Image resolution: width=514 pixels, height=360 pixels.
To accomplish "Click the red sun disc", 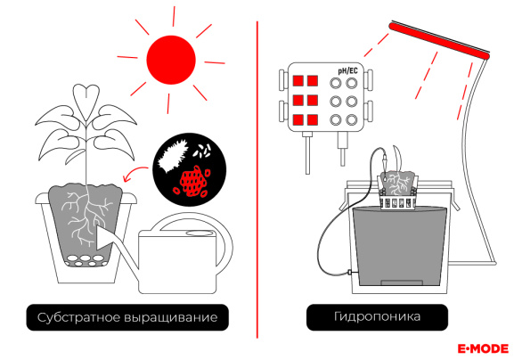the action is pos(171,60).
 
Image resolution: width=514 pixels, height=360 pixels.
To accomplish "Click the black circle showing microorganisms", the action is pos(190,169).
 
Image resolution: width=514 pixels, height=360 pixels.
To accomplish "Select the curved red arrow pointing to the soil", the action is pos(135,173).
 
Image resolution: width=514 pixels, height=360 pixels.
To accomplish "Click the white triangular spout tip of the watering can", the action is pos(104,238).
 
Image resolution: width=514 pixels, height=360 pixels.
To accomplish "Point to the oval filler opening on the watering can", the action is pos(200,233).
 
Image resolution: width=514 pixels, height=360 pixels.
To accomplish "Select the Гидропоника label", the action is pos(377,317).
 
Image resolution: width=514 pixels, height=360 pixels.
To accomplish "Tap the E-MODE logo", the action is pos(483,348).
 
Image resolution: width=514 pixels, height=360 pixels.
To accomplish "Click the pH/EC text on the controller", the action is pos(347,70).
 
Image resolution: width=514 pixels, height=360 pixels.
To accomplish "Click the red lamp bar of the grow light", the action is pos(439,41).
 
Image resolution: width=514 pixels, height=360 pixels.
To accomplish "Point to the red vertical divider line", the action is pos(257,180).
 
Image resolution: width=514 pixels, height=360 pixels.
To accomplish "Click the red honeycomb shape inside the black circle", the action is pos(192,181).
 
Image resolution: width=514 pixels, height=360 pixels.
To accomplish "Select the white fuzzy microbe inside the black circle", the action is pos(172,156).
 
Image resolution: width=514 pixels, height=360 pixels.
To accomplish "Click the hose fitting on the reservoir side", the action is pos(351,272).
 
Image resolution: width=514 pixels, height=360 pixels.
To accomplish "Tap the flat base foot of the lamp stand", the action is pos(472,263).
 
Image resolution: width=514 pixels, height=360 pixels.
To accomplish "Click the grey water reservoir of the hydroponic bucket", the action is pos(400,247).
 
